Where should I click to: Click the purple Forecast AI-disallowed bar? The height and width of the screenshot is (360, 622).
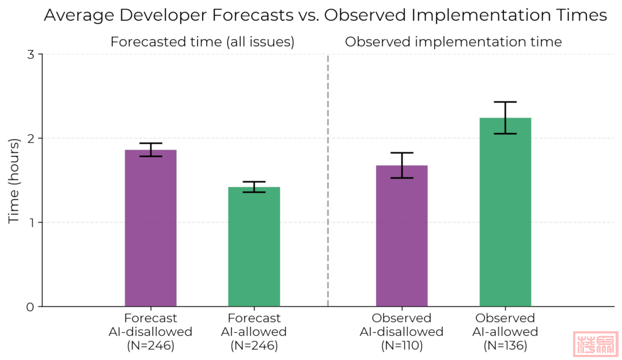(x=150, y=230)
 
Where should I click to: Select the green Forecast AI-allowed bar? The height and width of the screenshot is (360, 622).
(x=254, y=248)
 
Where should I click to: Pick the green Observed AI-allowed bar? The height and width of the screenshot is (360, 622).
(x=505, y=213)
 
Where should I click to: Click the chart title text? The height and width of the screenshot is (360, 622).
(x=325, y=16)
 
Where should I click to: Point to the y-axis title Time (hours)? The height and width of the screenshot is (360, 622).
(x=14, y=180)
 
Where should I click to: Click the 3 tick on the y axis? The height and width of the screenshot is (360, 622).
(x=32, y=55)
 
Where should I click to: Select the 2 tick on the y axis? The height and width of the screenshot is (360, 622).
(x=32, y=138)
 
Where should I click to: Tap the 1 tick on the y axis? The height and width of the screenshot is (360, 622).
(x=32, y=222)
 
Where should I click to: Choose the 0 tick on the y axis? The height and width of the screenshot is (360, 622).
(x=32, y=306)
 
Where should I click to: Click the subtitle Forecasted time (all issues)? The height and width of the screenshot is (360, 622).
(x=202, y=42)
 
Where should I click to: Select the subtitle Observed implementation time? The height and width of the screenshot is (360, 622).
(x=453, y=42)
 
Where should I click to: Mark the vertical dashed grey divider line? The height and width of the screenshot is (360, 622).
(x=328, y=173)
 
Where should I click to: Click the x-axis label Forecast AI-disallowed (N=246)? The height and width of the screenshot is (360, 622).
(x=150, y=332)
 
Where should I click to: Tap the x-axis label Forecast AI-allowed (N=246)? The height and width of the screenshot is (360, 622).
(x=254, y=332)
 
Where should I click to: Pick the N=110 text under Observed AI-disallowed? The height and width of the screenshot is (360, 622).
(x=401, y=346)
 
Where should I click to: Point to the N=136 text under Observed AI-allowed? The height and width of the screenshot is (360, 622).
(x=505, y=346)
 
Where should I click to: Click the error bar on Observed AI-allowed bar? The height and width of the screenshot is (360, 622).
(x=505, y=118)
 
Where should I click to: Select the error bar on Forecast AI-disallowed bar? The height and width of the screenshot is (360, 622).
(x=150, y=150)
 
